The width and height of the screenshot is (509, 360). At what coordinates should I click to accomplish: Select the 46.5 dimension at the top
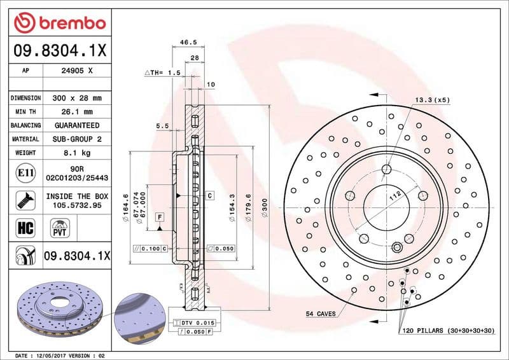click(188, 43)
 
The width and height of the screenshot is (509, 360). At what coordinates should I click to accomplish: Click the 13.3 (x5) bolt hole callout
click(433, 100)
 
